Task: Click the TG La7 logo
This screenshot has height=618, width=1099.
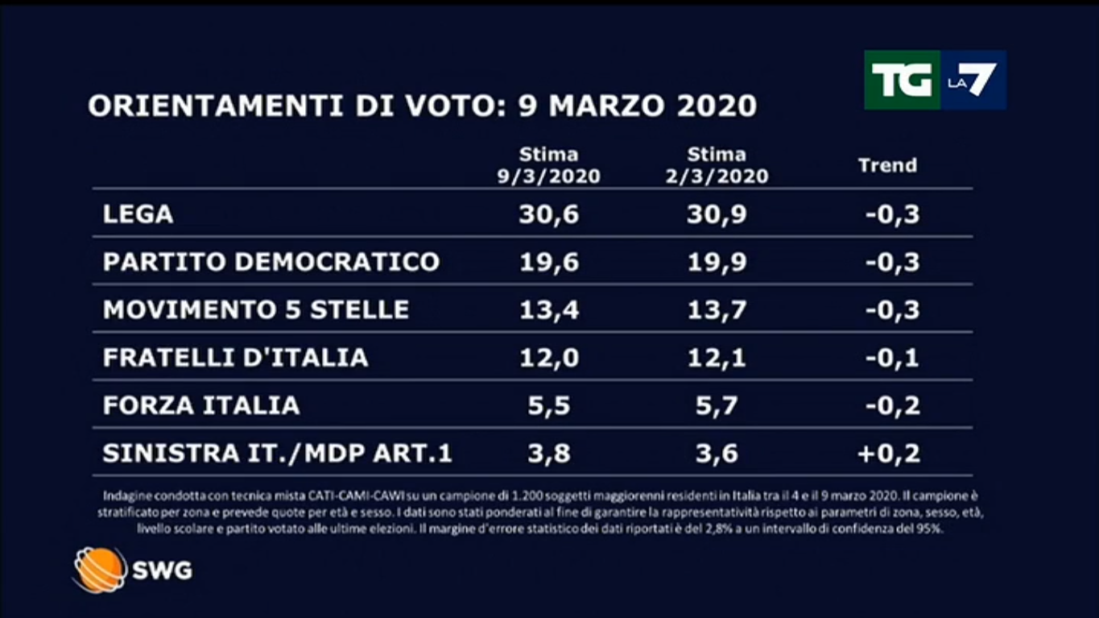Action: click(x=934, y=80)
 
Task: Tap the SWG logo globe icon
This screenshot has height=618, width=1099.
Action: click(x=100, y=570)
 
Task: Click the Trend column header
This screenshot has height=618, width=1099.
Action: click(x=887, y=166)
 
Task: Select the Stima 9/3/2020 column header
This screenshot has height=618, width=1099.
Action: click(x=548, y=165)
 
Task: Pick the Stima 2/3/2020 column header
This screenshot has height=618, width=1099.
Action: click(x=717, y=165)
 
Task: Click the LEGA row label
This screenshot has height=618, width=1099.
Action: click(x=138, y=214)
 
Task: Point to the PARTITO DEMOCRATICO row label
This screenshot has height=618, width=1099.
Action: click(x=271, y=262)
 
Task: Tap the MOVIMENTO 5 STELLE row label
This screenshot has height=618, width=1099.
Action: click(x=256, y=309)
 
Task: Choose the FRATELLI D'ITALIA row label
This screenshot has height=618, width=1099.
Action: click(x=235, y=357)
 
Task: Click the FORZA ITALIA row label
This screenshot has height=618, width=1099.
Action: click(x=201, y=404)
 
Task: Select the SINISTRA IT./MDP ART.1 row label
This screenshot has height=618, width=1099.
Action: click(x=278, y=453)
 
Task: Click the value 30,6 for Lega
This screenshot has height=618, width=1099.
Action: click(x=548, y=214)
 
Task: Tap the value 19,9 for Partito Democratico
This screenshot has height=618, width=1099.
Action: click(x=717, y=262)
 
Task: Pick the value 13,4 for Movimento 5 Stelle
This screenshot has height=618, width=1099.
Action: click(x=548, y=309)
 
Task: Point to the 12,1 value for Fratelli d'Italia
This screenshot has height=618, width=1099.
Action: click(x=717, y=357)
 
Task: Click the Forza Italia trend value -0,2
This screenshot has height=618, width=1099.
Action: click(x=892, y=404)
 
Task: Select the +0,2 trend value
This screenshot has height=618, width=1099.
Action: click(x=889, y=453)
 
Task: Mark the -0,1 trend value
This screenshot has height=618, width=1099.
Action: click(x=892, y=357)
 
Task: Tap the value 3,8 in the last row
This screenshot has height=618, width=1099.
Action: click(x=548, y=453)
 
